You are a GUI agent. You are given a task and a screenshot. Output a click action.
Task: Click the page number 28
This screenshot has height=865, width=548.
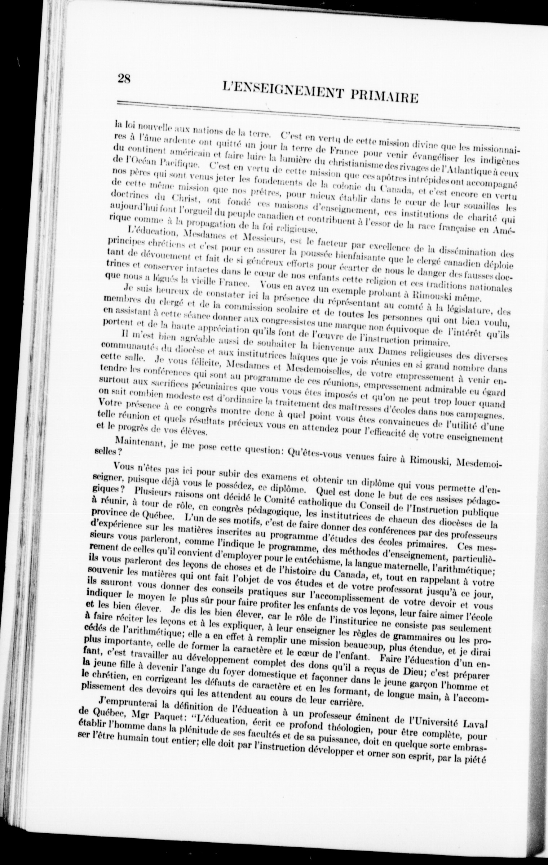coord(123,78)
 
